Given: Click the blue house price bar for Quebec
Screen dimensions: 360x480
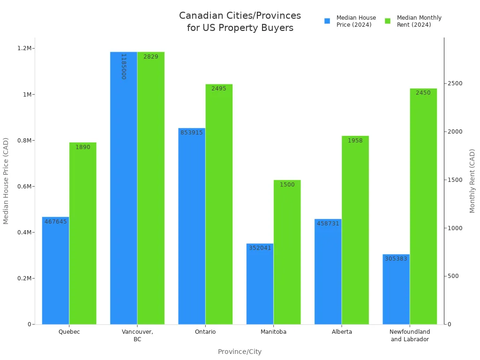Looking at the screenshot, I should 55,272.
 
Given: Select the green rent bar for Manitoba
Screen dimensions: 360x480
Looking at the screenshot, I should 287,253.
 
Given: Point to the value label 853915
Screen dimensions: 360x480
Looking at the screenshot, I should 192,133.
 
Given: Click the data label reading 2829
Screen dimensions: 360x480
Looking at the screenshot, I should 151,57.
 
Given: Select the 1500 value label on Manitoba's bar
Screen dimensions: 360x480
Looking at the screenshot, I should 287,185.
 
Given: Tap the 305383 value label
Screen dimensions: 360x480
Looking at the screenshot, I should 396,259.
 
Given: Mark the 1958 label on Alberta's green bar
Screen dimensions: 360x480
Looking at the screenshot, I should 355,141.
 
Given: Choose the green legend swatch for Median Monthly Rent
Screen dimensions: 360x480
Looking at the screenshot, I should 388,21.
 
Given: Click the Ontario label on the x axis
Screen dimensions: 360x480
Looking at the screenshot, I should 205,332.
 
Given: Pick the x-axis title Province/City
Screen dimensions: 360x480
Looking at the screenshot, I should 240,352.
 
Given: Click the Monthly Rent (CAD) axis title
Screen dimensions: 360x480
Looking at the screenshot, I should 472,180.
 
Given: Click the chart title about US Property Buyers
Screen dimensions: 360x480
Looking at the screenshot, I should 240,22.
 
